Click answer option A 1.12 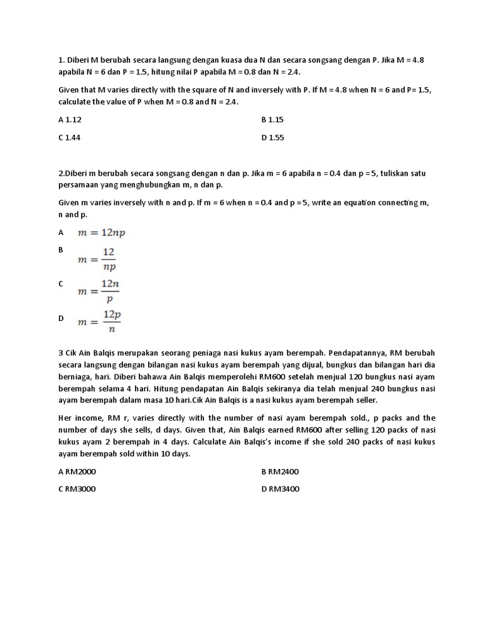pos(70,119)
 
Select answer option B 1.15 pos(273,119)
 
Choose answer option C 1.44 pos(70,137)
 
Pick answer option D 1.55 pos(273,137)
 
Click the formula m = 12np pos(101,233)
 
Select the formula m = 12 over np pos(97,258)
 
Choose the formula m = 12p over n pos(99,321)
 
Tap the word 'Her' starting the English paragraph pos(65,418)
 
